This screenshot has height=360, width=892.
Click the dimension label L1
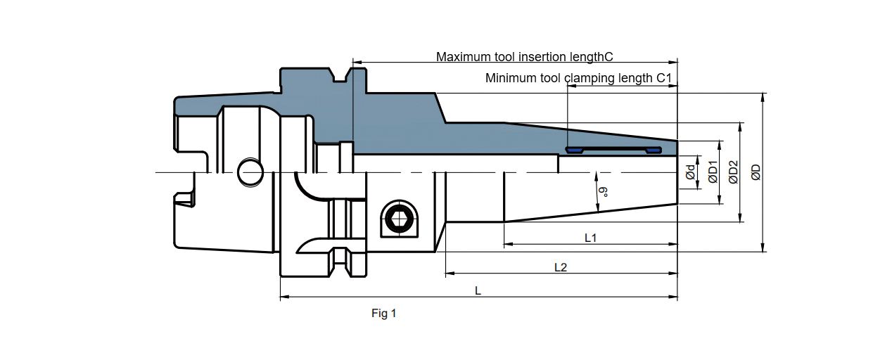[591, 238]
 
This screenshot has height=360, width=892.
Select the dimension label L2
[561, 267]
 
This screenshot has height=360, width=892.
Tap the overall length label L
[478, 290]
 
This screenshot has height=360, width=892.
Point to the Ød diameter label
[691, 172]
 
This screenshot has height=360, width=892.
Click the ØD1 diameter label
[713, 172]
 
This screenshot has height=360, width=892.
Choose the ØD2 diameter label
[733, 172]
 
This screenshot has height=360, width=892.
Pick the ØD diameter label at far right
[756, 172]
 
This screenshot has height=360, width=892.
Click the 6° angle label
[603, 191]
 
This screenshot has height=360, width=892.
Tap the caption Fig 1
[384, 314]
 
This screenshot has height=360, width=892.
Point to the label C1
[665, 78]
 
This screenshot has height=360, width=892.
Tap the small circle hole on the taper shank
[248, 172]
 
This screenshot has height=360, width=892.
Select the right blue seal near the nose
[654, 150]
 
